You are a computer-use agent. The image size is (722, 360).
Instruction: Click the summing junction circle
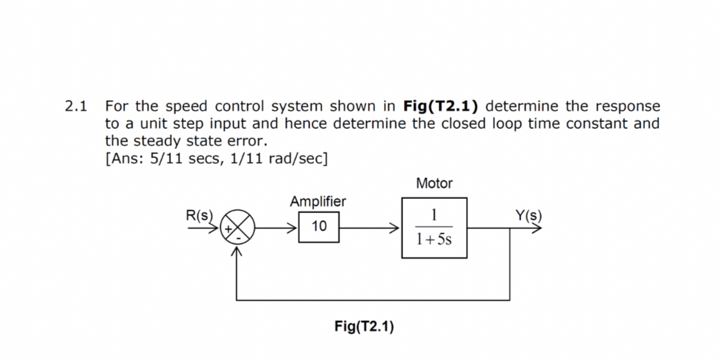tap(237, 226)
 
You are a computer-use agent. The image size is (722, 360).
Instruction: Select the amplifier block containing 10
tap(319, 226)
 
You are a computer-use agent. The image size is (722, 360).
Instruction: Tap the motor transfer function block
tap(434, 227)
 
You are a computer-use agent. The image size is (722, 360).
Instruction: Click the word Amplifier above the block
tap(318, 201)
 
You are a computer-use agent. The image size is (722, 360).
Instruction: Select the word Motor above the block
tap(434, 184)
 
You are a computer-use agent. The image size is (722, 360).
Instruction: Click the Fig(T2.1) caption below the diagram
tap(364, 327)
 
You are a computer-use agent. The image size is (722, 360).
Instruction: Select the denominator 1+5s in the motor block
tap(434, 240)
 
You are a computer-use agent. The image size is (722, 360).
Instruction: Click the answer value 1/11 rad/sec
tap(286, 158)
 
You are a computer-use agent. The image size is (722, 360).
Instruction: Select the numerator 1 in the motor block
tap(434, 214)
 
